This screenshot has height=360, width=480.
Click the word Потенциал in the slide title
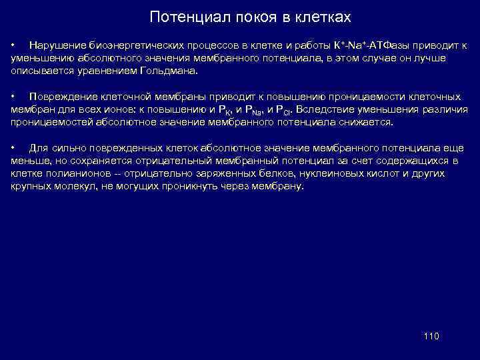179,16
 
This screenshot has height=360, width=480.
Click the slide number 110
431,336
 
